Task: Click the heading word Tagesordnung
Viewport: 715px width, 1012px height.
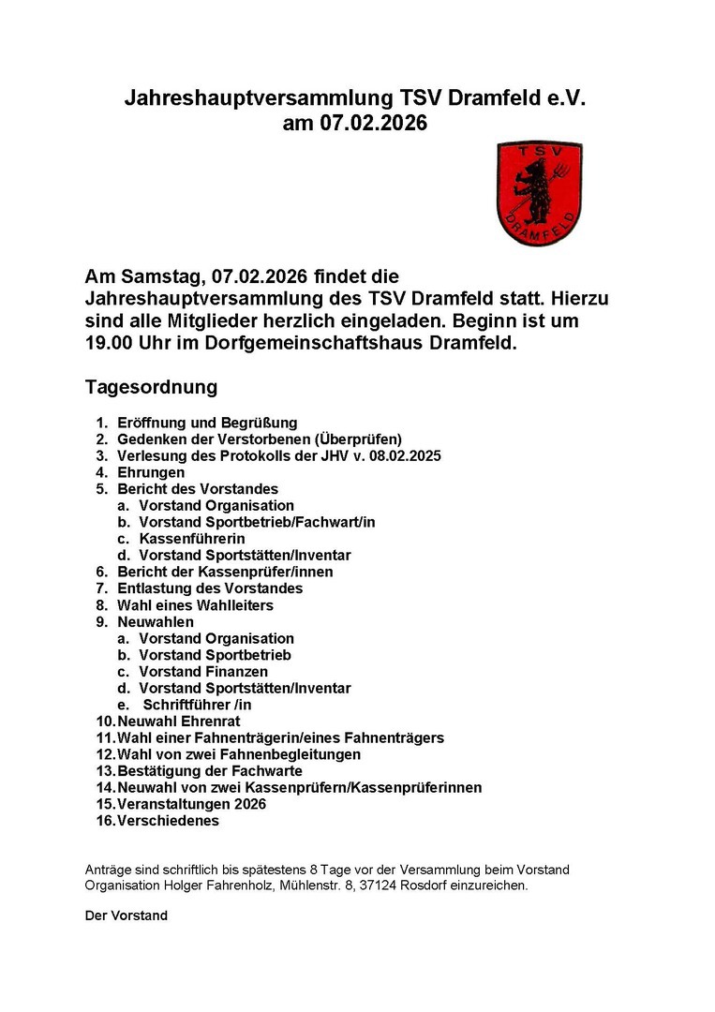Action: point(151,387)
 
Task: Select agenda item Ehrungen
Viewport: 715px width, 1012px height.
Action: point(151,473)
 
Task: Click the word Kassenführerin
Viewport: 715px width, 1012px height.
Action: point(192,539)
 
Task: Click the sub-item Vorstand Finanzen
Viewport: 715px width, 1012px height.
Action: point(203,672)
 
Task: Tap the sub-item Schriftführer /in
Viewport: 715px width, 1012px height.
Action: point(197,705)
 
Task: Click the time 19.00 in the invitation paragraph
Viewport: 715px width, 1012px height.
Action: point(106,343)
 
